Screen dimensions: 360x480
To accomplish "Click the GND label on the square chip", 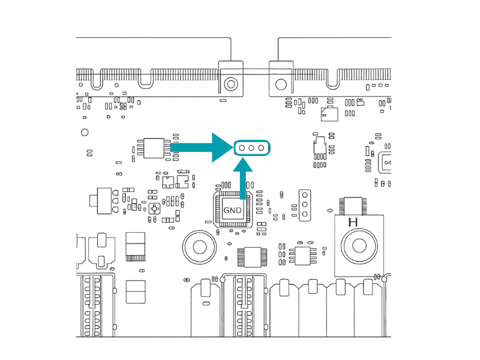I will pyautogui.click(x=232, y=211).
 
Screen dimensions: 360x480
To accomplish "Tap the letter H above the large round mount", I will pyautogui.click(x=353, y=222).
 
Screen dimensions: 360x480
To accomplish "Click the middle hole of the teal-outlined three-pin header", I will pyautogui.click(x=251, y=147).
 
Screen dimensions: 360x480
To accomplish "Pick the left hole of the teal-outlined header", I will pyautogui.click(x=241, y=147).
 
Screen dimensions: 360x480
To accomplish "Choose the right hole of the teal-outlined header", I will pyautogui.click(x=261, y=147).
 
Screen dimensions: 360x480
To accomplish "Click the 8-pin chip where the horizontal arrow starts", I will pyautogui.click(x=154, y=147).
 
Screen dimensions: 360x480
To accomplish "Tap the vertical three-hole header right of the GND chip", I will pyautogui.click(x=304, y=204).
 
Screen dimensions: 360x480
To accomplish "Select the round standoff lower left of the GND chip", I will pyautogui.click(x=198, y=246).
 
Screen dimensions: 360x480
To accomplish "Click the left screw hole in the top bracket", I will pyautogui.click(x=229, y=83).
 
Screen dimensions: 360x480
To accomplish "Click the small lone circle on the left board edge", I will pyautogui.click(x=85, y=132).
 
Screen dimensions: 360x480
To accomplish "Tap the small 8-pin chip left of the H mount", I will pyautogui.click(x=303, y=256).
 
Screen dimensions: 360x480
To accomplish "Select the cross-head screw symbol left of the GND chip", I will pyautogui.click(x=155, y=209).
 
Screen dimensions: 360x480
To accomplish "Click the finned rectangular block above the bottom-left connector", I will pyautogui.click(x=136, y=246).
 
